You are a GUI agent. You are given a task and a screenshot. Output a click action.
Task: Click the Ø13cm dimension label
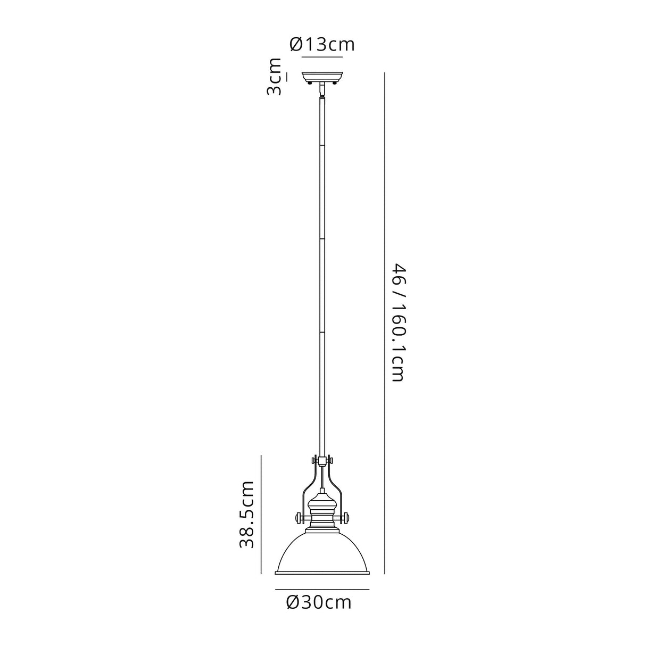(x=322, y=44)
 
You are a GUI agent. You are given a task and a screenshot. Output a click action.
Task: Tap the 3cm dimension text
(x=275, y=77)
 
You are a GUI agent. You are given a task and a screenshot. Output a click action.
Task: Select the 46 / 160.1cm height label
(x=399, y=321)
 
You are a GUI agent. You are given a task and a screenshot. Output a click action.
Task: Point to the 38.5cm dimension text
(x=246, y=514)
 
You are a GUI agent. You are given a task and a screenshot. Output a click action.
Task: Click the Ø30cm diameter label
(x=319, y=603)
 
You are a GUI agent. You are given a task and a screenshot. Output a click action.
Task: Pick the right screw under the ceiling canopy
(x=335, y=82)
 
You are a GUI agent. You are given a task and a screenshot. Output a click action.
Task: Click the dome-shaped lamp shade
(x=322, y=553)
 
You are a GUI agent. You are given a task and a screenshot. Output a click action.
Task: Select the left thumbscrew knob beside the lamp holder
(x=298, y=517)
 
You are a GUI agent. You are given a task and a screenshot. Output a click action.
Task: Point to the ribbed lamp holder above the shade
(x=322, y=511)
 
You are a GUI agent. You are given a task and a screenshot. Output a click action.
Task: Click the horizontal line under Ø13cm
(x=322, y=55)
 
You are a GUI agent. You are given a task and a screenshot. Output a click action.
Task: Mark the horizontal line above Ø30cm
(x=322, y=590)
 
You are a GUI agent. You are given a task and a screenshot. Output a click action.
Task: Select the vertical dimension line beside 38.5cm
(x=261, y=514)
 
